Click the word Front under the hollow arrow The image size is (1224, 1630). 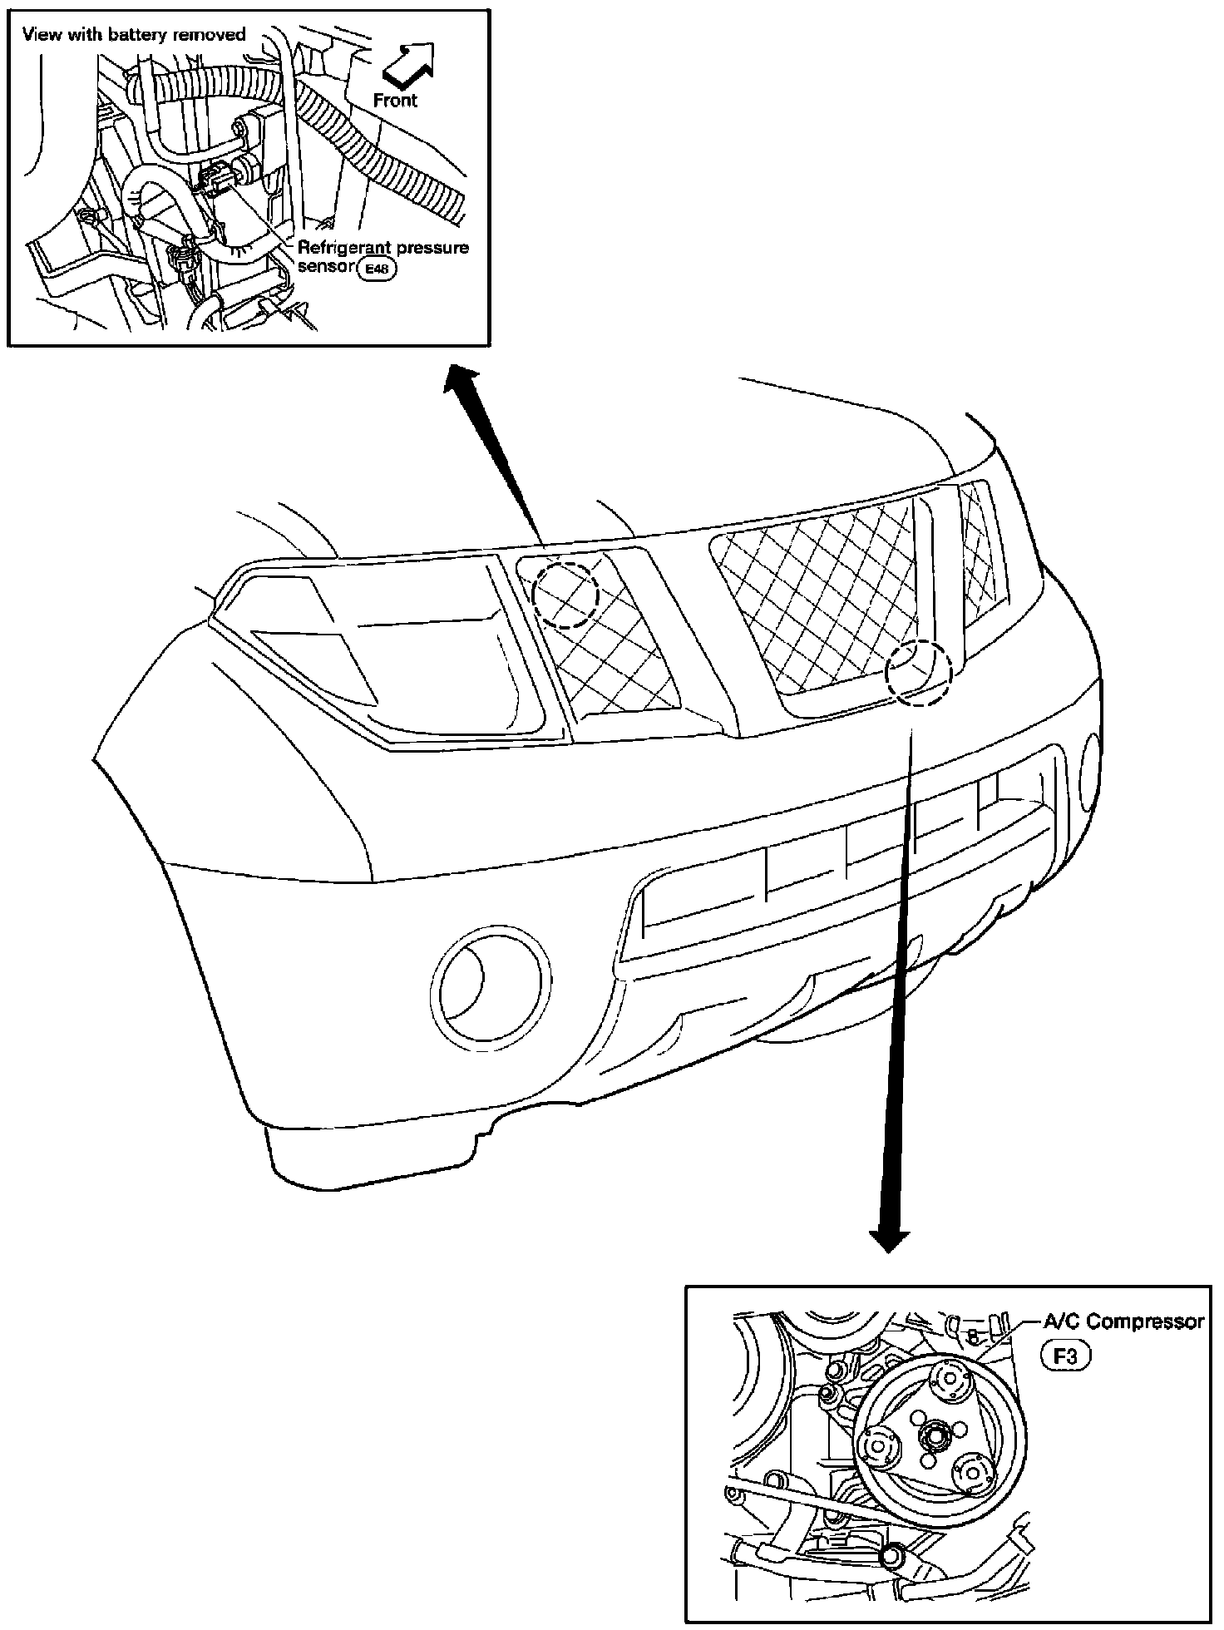click(395, 101)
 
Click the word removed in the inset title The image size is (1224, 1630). click(215, 34)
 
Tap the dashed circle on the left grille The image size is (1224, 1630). click(565, 594)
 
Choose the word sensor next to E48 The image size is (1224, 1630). click(325, 268)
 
